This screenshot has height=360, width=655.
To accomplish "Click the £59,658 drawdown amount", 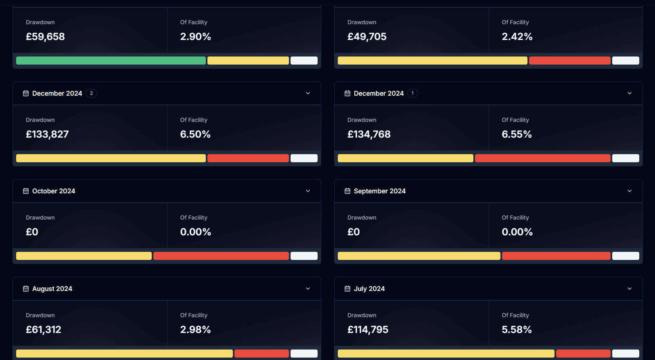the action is (x=45, y=37).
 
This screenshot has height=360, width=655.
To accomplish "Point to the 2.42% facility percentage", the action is (x=517, y=37).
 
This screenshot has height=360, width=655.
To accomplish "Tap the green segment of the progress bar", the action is (x=111, y=61).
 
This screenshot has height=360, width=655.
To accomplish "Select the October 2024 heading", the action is (x=54, y=191).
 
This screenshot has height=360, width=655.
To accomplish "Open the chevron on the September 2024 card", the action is (x=630, y=191).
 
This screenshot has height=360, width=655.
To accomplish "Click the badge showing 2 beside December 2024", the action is (x=91, y=93).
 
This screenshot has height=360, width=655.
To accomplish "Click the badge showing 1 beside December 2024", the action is (x=412, y=93).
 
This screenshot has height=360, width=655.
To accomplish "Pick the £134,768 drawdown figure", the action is (x=369, y=134).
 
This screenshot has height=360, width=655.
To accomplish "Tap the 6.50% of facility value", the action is (x=195, y=134).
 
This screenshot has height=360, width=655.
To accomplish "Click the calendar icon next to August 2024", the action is (x=26, y=289).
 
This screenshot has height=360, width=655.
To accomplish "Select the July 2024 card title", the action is (x=369, y=289).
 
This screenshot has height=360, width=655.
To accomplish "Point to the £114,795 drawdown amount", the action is (x=368, y=330).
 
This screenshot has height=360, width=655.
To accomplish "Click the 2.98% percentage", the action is (x=195, y=330).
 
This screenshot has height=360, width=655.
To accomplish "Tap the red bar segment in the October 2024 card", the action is (x=221, y=256).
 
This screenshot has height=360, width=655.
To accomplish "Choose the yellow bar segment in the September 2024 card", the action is (x=419, y=256).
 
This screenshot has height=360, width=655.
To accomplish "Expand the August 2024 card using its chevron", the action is (x=308, y=289).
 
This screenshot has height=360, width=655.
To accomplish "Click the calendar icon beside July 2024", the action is (x=347, y=289).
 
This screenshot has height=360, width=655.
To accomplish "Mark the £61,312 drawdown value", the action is (x=43, y=330).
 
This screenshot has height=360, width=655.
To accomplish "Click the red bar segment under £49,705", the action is (x=569, y=61).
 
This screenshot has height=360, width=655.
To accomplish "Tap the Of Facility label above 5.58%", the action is (x=515, y=315).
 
